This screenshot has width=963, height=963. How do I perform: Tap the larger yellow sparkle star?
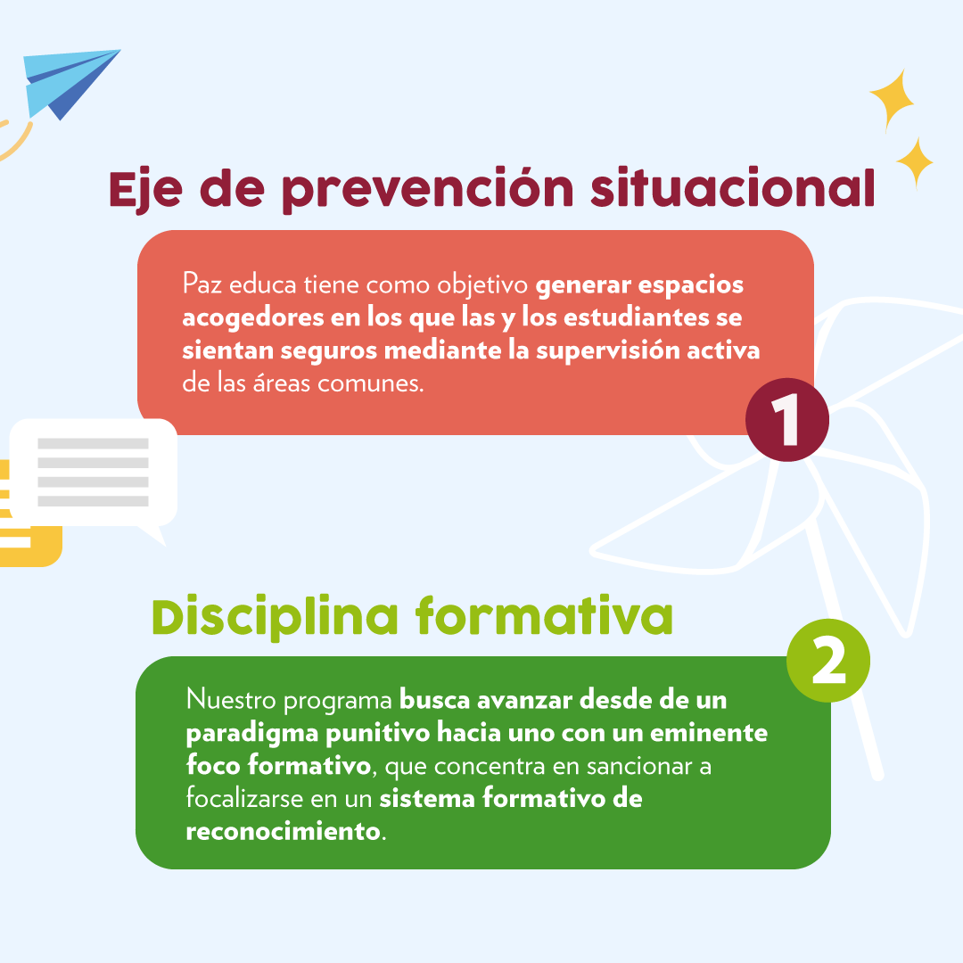pyautogui.click(x=891, y=99)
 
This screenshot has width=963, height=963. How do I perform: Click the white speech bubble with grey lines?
pyautogui.click(x=94, y=473)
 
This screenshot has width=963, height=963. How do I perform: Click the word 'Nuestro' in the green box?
pyautogui.click(x=232, y=700)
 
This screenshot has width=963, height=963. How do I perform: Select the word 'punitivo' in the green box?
pyautogui.click(x=381, y=734)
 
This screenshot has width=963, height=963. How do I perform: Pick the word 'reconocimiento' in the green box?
pyautogui.click(x=283, y=831)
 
